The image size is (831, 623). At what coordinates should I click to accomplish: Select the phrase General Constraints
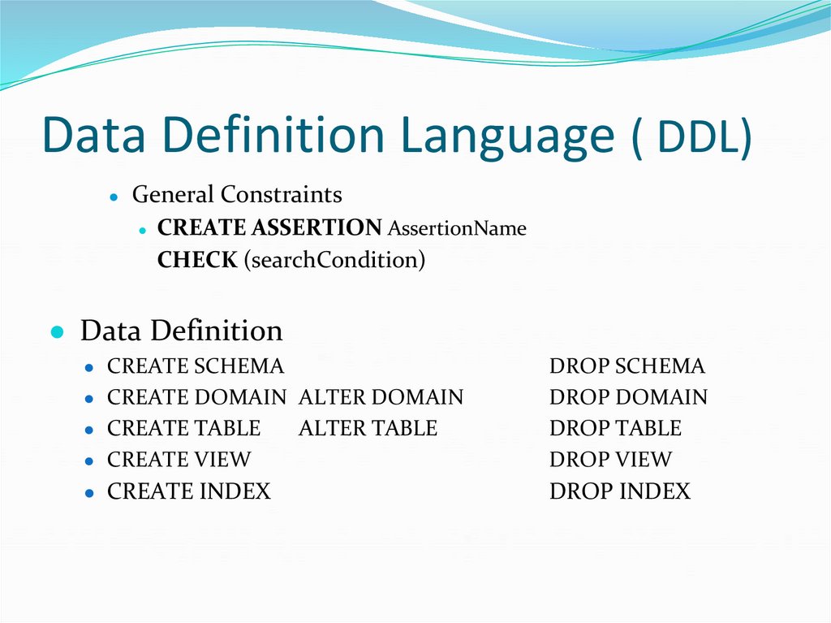[x=237, y=195]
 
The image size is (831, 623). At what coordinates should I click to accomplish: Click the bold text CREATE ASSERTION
[x=269, y=228]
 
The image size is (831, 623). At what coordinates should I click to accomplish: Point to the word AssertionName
[x=457, y=229]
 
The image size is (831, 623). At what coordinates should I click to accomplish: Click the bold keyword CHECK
[x=197, y=261]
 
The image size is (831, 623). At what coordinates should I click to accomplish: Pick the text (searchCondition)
[x=334, y=261]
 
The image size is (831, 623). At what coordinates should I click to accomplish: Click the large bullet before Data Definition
[x=57, y=332]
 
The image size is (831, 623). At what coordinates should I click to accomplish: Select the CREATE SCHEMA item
[x=196, y=366]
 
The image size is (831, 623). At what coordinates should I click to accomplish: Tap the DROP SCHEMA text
[x=627, y=366]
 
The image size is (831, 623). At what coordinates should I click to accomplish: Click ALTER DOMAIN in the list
[x=381, y=397]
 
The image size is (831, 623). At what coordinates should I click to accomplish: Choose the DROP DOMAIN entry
[x=628, y=397]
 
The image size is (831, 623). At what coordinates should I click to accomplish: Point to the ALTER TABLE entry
[x=368, y=428]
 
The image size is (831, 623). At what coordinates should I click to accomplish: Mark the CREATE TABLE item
[x=183, y=428]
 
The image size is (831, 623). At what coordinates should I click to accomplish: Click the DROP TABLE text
[x=615, y=428]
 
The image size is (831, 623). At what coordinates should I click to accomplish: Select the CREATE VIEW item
[x=179, y=459]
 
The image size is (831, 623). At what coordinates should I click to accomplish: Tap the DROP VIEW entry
[x=610, y=459]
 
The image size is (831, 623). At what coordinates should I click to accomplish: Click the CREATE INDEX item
[x=189, y=491]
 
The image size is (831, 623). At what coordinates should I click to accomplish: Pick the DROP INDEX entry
[x=620, y=491]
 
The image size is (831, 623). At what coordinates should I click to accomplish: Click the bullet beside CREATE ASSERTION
[x=142, y=230]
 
